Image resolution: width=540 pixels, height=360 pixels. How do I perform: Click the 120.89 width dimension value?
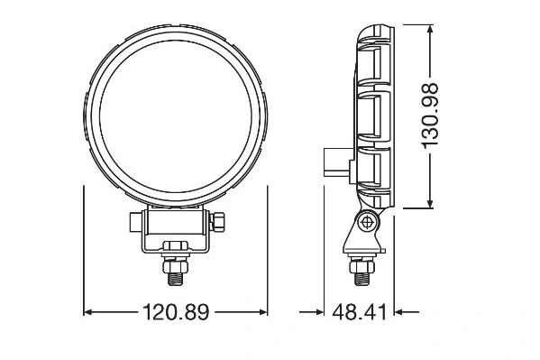pyautogui.click(x=176, y=312)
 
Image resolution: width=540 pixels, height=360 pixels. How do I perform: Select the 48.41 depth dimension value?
pyautogui.click(x=359, y=312)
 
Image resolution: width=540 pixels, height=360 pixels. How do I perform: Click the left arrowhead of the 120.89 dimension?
pyautogui.click(x=87, y=312)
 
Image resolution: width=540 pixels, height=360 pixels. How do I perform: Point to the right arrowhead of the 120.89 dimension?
pyautogui.click(x=263, y=312)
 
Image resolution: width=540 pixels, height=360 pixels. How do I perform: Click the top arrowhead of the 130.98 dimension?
pyautogui.click(x=430, y=29)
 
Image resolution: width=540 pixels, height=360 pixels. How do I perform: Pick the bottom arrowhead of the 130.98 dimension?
pyautogui.click(x=430, y=204)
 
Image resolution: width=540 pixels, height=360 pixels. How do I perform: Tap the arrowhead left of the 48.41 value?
pyautogui.click(x=320, y=312)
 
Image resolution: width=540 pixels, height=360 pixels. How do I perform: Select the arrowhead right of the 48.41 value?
pyautogui.click(x=398, y=312)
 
